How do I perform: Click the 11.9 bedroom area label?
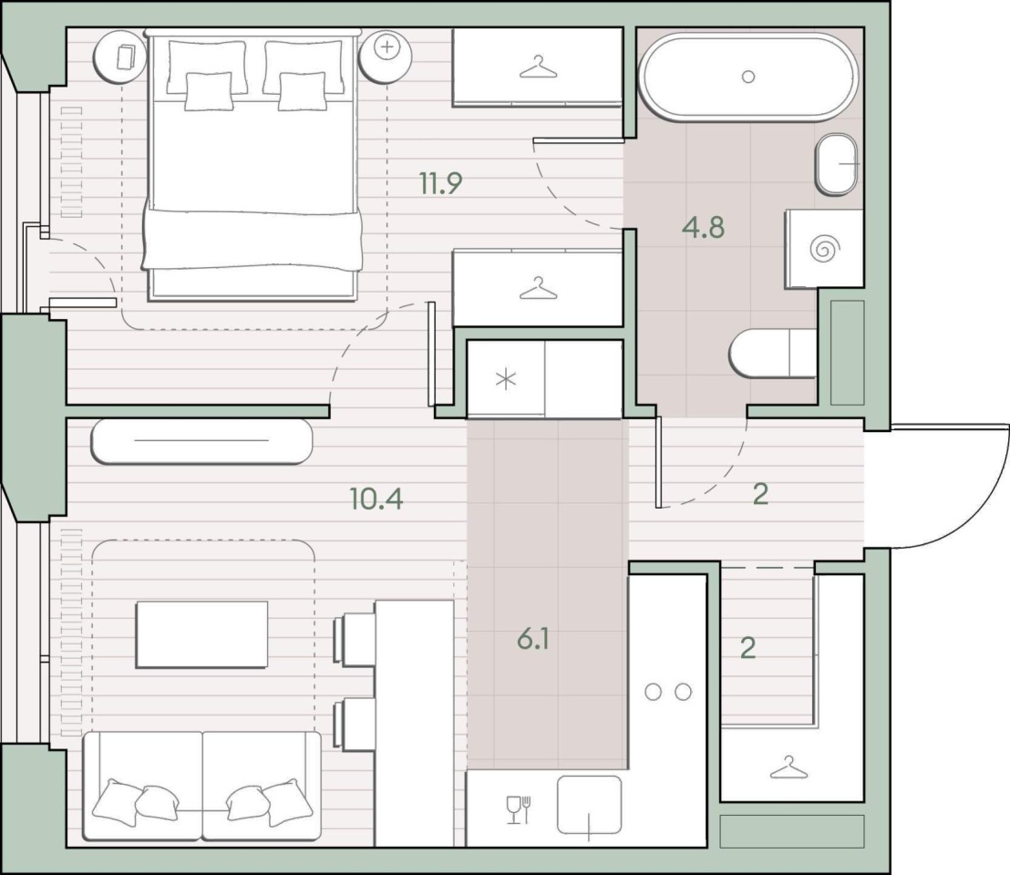[x=440, y=183]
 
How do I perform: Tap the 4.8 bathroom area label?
[x=704, y=227]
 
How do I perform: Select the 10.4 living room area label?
[x=376, y=499]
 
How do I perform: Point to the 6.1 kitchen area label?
[x=532, y=639]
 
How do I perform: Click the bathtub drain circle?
[x=747, y=77]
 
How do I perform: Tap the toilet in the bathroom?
[x=773, y=354]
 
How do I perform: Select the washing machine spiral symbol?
[x=824, y=249]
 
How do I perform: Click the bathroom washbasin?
[x=837, y=164]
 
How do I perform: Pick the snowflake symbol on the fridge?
[x=506, y=379]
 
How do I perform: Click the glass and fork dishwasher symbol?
[x=519, y=809]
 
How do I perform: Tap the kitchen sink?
[x=589, y=805]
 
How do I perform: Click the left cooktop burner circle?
[x=654, y=692]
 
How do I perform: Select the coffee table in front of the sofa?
[x=201, y=635]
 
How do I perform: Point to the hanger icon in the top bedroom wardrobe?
[x=538, y=67]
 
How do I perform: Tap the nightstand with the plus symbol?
[x=386, y=57]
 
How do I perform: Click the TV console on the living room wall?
[x=201, y=441]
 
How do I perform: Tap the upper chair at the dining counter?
[x=354, y=639]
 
